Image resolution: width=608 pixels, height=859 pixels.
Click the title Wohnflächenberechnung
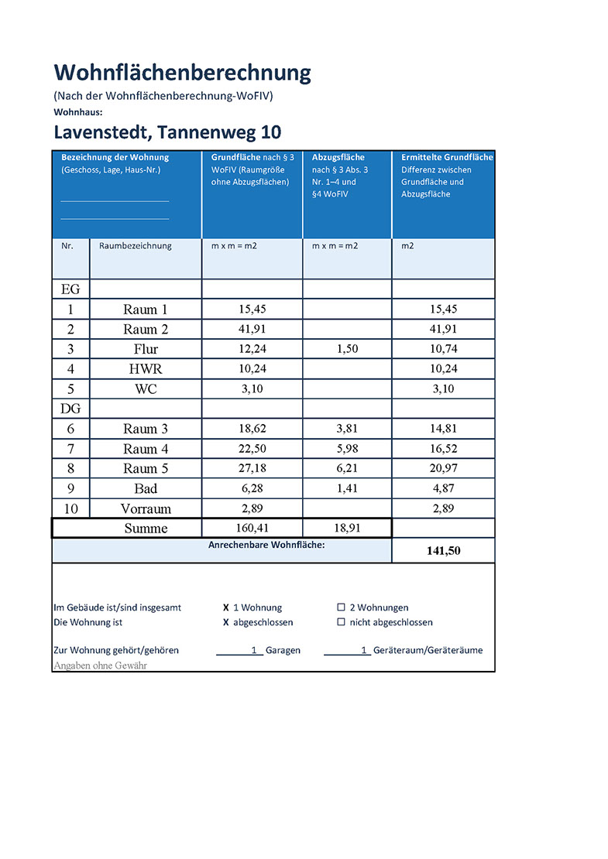[x=182, y=73]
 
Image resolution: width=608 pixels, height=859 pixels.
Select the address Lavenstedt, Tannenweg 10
[x=167, y=132]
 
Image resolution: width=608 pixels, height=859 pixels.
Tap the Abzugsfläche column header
[x=338, y=157]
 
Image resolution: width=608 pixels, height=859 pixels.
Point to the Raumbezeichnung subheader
[x=136, y=246]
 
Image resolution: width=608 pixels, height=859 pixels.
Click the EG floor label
[x=70, y=289]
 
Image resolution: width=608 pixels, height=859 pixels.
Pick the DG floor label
[x=70, y=408]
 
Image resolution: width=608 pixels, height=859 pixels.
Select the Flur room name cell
[x=146, y=349]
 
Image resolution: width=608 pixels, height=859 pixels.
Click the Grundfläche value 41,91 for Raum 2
[x=252, y=329]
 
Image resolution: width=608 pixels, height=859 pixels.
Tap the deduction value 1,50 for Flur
[x=347, y=349]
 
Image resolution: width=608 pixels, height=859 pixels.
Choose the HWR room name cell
[x=146, y=369]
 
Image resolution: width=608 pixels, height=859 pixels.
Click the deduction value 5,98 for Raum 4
[x=347, y=449]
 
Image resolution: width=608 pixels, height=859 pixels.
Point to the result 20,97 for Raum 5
[x=443, y=469]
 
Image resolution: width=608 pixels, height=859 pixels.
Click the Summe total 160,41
[x=252, y=529]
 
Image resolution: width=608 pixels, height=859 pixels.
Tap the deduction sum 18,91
[x=347, y=529]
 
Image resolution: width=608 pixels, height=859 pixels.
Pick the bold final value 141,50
[x=443, y=550]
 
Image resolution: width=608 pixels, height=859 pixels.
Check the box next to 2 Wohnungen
[x=341, y=607]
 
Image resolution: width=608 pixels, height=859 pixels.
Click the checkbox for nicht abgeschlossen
[x=341, y=622]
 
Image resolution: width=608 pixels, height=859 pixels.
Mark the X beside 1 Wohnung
[x=226, y=607]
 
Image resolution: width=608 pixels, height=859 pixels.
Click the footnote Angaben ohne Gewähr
[x=100, y=665]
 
